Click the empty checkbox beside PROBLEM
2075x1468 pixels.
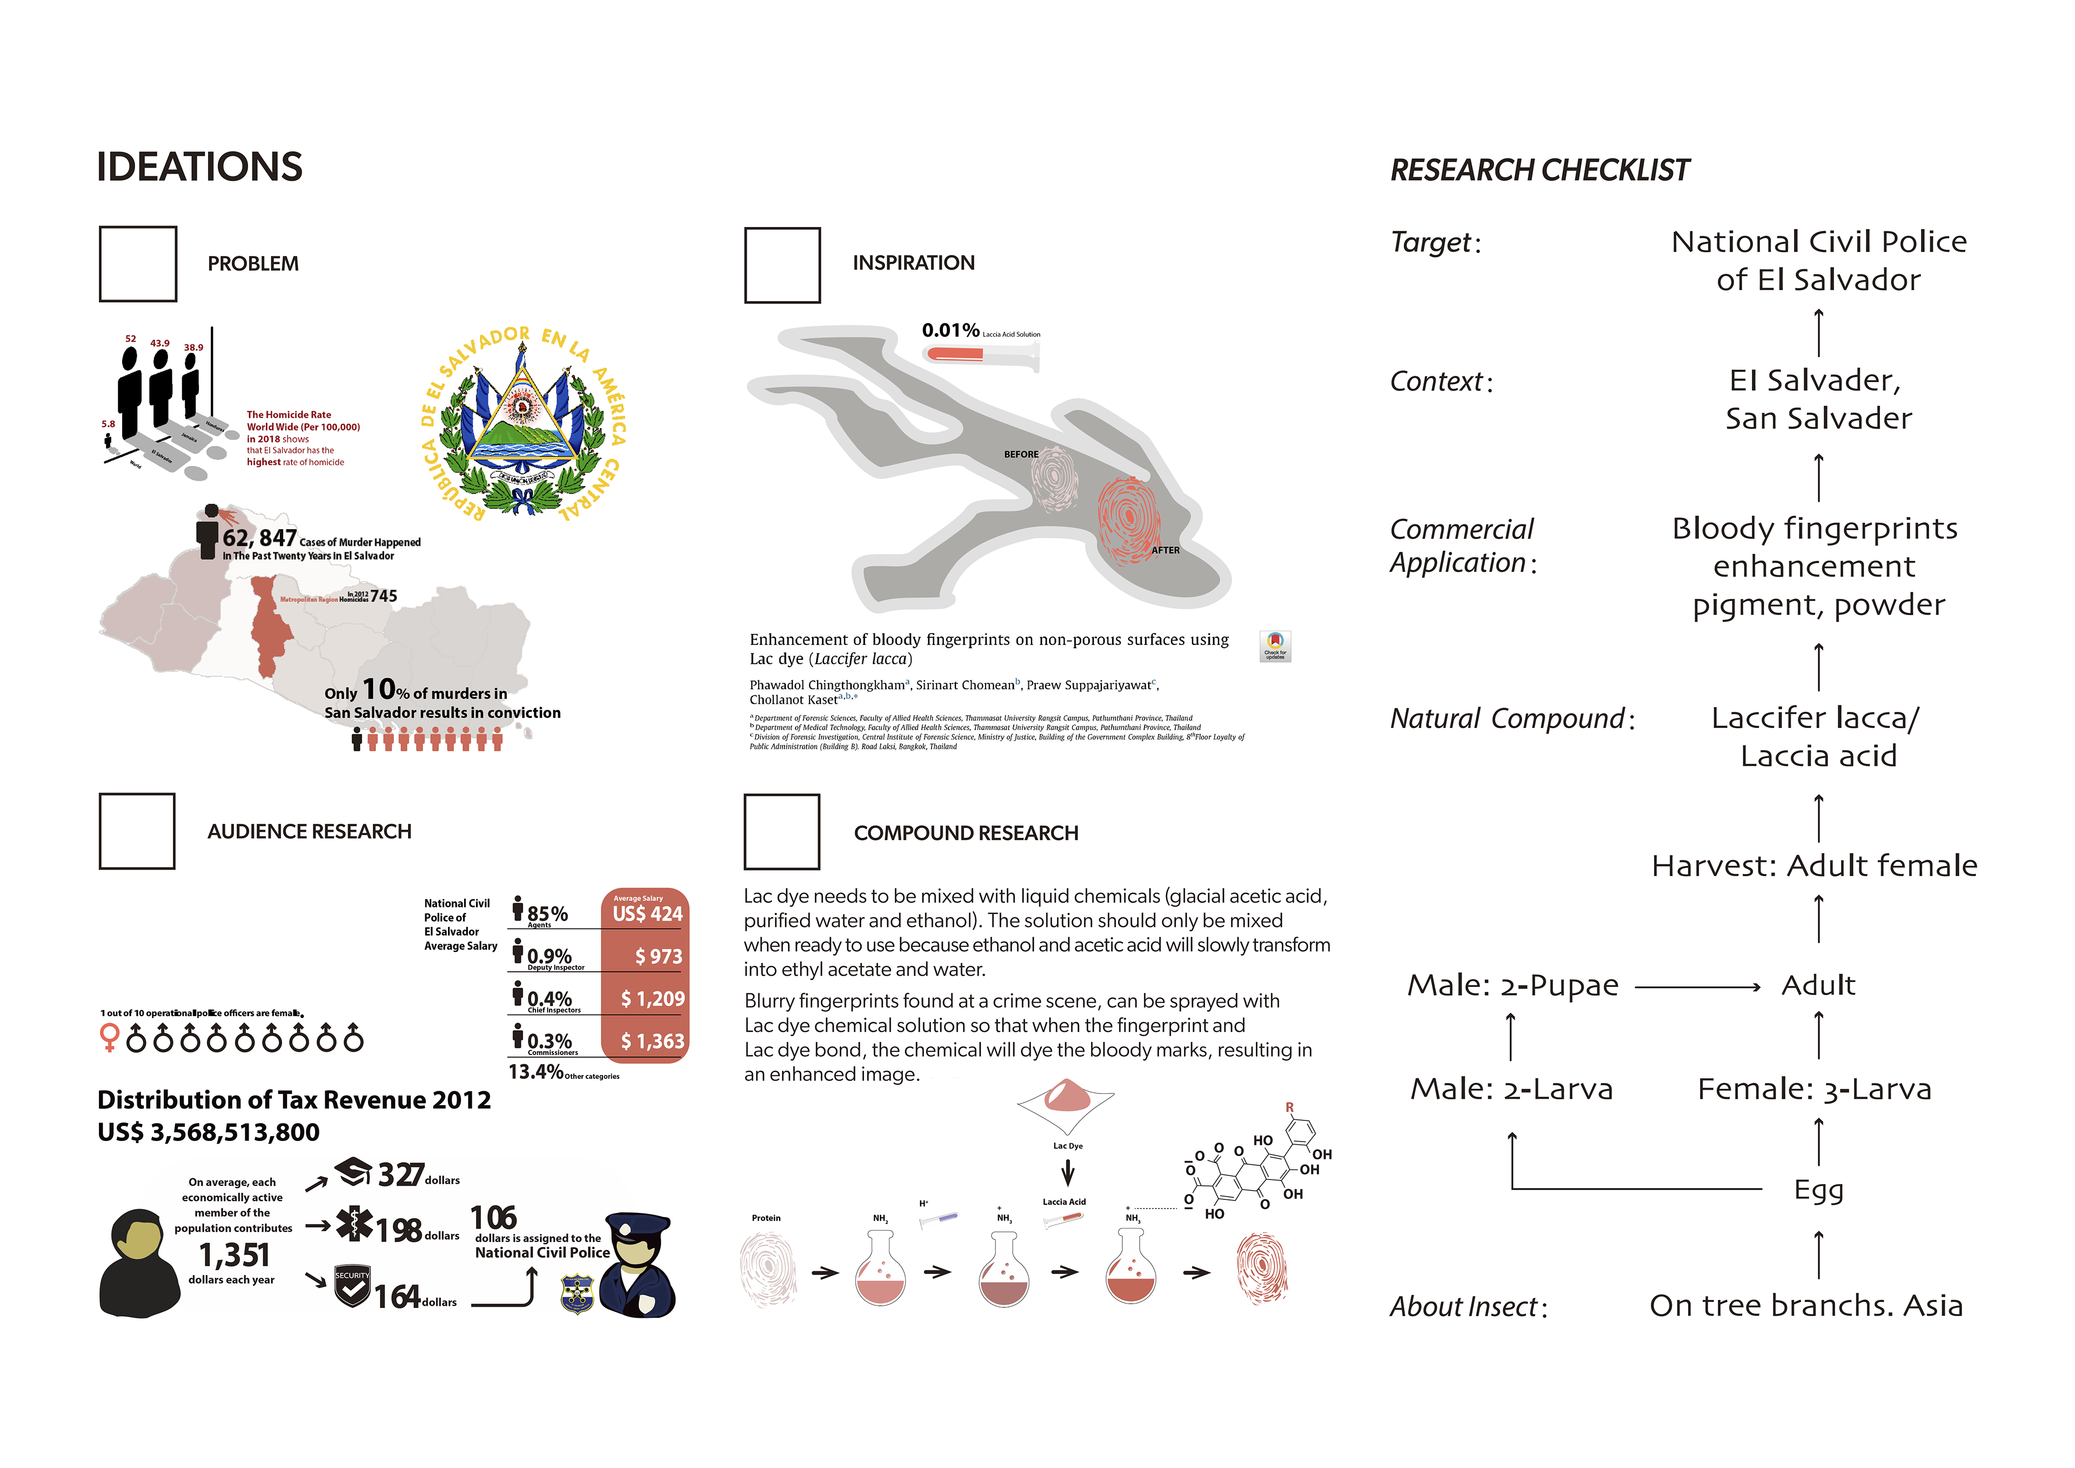137,264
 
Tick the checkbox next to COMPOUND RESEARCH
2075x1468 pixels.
782,832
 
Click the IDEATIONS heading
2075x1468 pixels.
200,167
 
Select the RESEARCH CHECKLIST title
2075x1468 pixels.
1539,170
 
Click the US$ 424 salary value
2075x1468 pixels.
647,914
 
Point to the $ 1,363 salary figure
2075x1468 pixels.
653,1042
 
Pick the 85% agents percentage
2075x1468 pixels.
547,914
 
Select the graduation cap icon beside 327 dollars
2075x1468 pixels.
353,1172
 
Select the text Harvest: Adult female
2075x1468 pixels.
1814,866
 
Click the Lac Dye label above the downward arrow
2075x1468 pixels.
1067,1146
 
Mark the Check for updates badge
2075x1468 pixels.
1275,645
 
